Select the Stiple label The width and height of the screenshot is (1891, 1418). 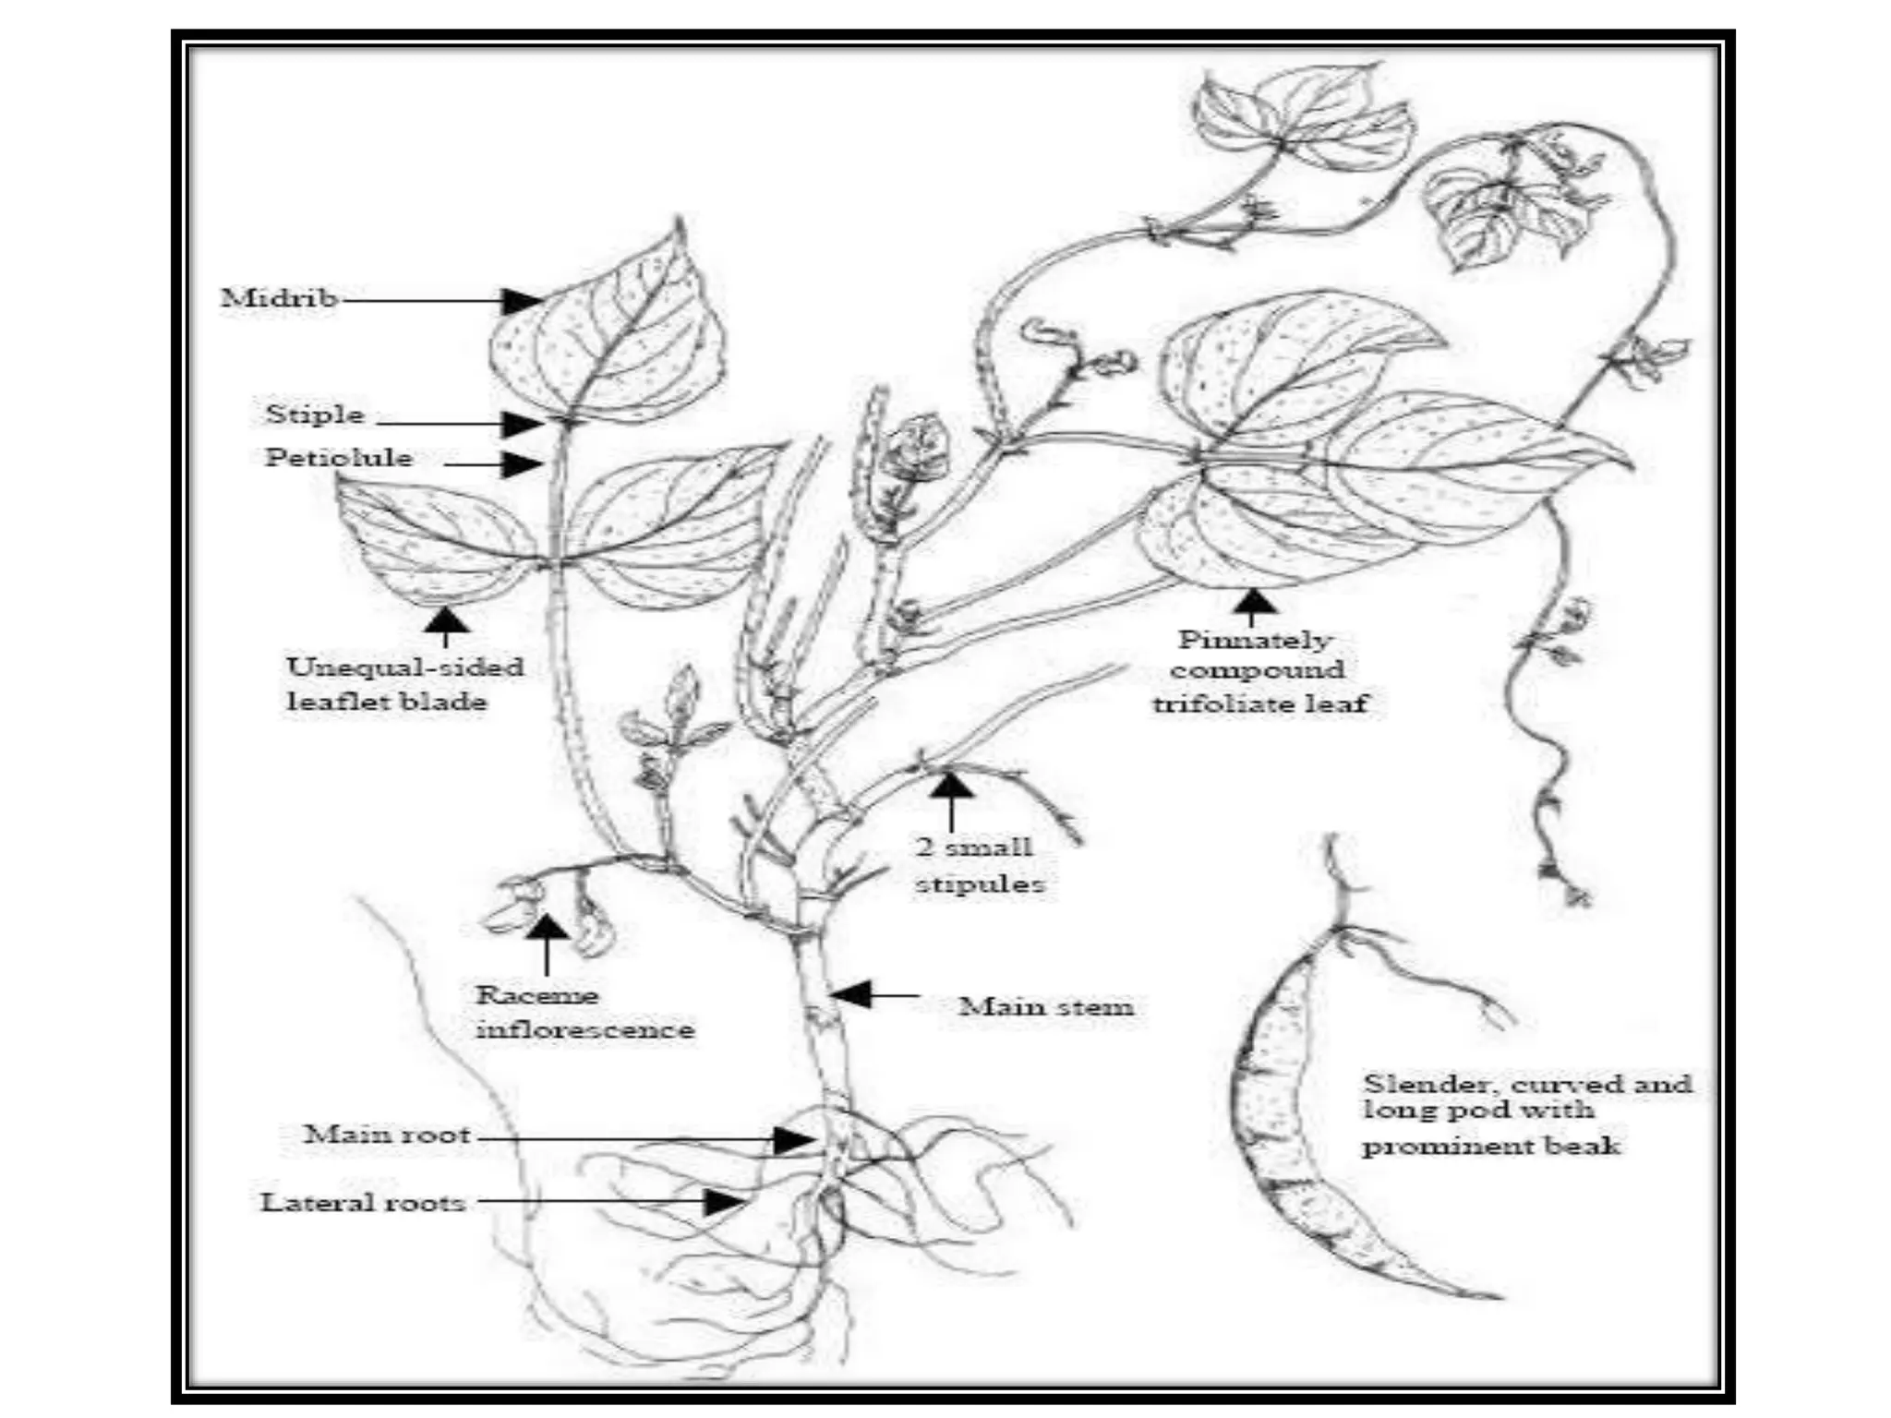pyautogui.click(x=315, y=415)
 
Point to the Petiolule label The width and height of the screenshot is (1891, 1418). pyautogui.click(x=339, y=458)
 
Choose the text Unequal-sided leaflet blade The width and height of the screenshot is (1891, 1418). pyautogui.click(x=404, y=684)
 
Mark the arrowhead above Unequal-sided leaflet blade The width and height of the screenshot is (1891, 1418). pyautogui.click(x=446, y=619)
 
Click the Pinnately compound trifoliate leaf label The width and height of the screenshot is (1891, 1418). pyautogui.click(x=1258, y=671)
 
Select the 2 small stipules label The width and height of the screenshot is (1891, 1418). pyautogui.click(x=978, y=865)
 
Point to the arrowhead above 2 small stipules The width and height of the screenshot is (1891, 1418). pyautogui.click(x=951, y=786)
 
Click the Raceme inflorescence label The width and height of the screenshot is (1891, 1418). pyautogui.click(x=584, y=1012)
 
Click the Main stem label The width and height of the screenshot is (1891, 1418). pyautogui.click(x=1045, y=1006)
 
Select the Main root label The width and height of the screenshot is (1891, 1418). pyautogui.click(x=387, y=1135)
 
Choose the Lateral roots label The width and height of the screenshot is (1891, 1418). pyautogui.click(x=363, y=1202)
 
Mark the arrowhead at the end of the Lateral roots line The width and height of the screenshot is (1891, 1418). pyautogui.click(x=726, y=1202)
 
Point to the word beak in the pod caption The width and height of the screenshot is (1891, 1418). pyautogui.click(x=1584, y=1147)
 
